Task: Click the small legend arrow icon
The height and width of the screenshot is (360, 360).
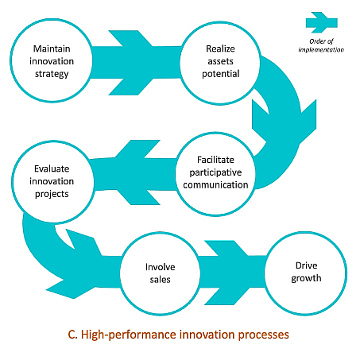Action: coord(321,22)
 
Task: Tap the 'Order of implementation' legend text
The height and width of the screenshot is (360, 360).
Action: coord(321,45)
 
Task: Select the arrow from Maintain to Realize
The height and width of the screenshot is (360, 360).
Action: coord(137,63)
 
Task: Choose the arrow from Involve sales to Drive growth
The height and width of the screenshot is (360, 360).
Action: coord(232,273)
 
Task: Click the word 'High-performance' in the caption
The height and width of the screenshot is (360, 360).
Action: coord(129,335)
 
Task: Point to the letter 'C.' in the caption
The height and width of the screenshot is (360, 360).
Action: coord(72,335)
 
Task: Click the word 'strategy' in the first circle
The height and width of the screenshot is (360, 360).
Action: coord(52,74)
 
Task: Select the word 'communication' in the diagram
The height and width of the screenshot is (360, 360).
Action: coord(215,184)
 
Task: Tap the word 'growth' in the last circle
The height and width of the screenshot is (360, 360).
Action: coord(306,278)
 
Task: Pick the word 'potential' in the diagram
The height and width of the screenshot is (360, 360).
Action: coord(221,74)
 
